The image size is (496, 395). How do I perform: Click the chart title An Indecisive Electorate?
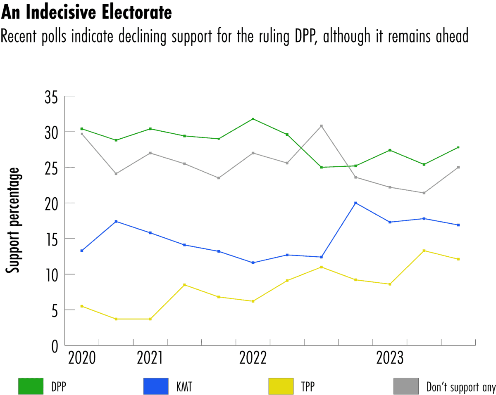pos(86,13)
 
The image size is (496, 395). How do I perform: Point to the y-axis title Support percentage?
pos(14,220)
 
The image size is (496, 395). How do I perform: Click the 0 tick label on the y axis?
pos(55,345)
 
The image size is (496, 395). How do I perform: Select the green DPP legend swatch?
pos(31,386)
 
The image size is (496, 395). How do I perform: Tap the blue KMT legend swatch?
pos(156,386)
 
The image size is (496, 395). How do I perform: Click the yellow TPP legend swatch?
pos(281,386)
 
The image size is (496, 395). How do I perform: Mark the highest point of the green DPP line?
pos(253,119)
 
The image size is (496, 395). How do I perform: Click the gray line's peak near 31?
pos(321,126)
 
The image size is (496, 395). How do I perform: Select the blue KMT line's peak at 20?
pos(355,203)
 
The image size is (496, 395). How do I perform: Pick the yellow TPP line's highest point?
pos(424,251)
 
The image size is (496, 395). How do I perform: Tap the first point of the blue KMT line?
pos(82,251)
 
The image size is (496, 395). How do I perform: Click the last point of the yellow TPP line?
pos(458,259)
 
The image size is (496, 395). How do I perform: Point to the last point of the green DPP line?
pos(458,147)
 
